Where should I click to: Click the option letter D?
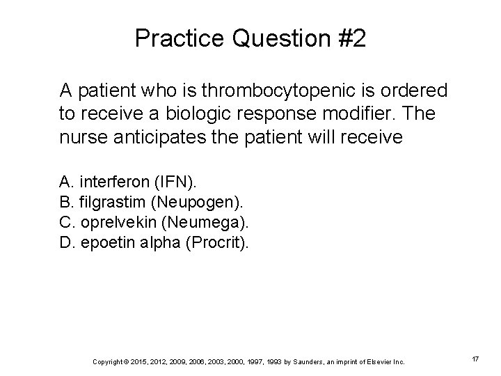tap(65, 243)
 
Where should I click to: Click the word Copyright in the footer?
tap(107, 361)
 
